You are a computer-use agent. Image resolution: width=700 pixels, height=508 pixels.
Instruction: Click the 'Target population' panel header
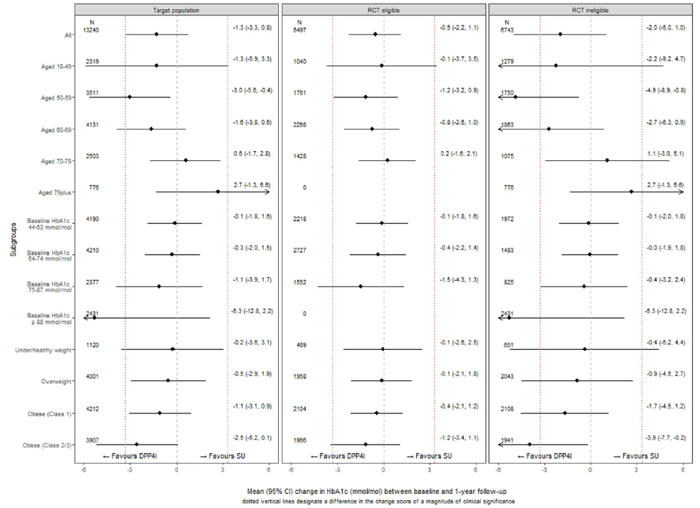pyautogui.click(x=176, y=11)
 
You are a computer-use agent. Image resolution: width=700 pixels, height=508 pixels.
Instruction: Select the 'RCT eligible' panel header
pyautogui.click(x=383, y=11)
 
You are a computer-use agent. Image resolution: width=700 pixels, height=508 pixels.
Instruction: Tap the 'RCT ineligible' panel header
pyautogui.click(x=591, y=11)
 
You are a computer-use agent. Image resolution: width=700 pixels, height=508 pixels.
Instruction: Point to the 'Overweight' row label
pyautogui.click(x=56, y=381)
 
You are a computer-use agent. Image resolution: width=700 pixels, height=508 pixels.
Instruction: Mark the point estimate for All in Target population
pyautogui.click(x=156, y=34)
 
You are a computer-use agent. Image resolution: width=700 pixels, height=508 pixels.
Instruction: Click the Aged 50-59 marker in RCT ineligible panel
pyautogui.click(x=515, y=97)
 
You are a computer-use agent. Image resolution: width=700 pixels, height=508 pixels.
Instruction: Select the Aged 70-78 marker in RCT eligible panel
pyautogui.click(x=387, y=160)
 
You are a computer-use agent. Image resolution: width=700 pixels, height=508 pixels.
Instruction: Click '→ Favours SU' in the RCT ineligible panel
pyautogui.click(x=636, y=456)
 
